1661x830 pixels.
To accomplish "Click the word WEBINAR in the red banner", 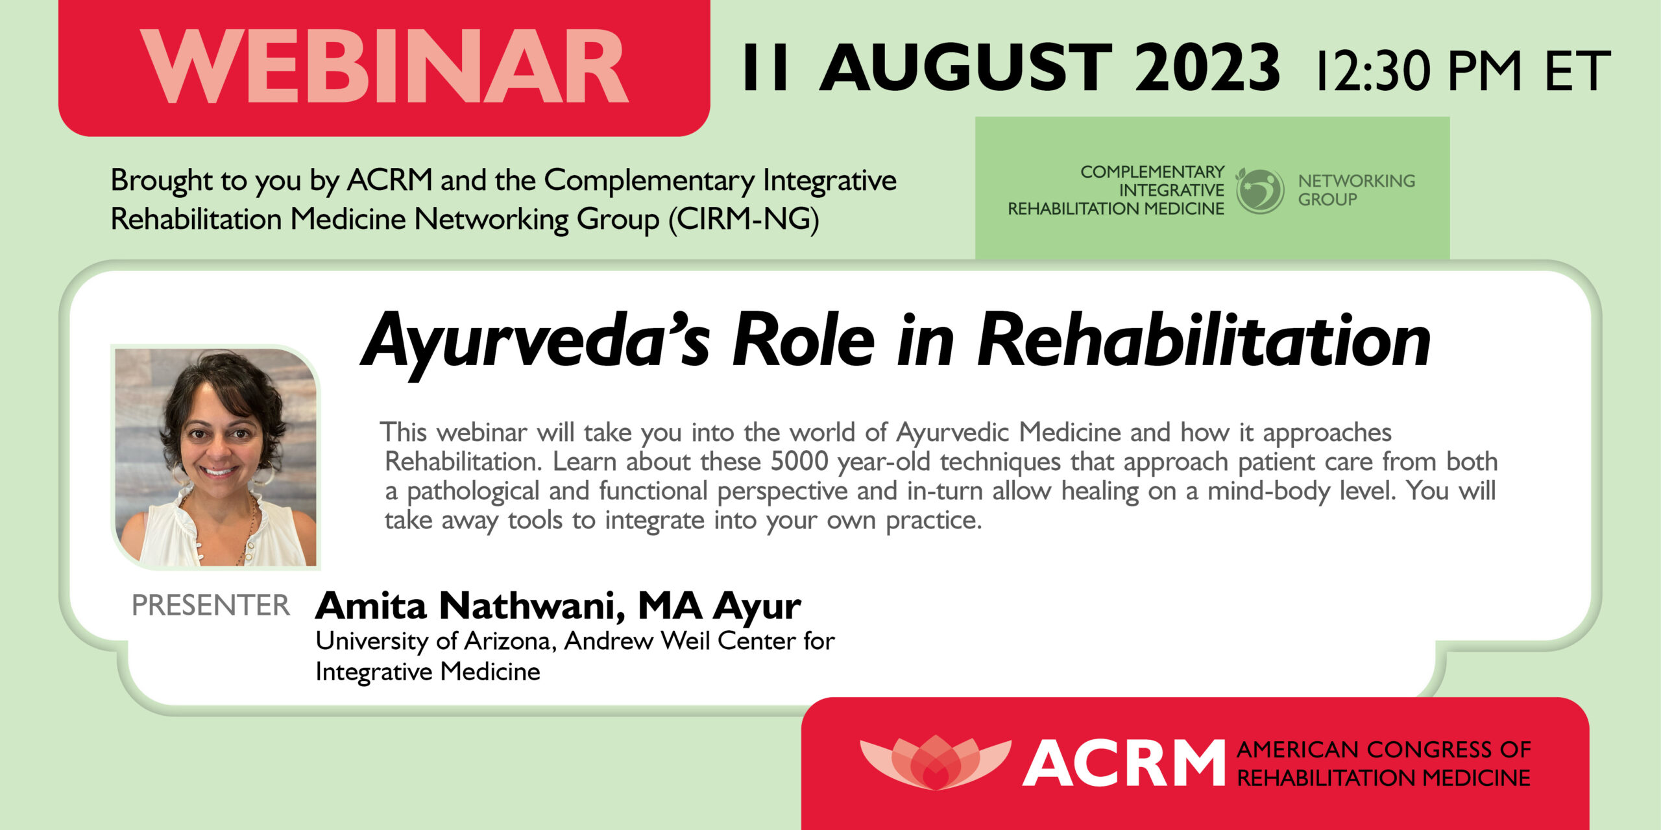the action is coord(384,67).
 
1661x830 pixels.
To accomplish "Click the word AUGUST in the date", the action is coord(966,67).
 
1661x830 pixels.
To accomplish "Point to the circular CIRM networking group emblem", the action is coord(1259,191).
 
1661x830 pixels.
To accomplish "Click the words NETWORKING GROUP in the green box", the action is coord(1356,190).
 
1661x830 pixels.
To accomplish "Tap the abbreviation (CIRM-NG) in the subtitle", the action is coord(744,219).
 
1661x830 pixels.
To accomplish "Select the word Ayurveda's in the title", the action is coord(535,342).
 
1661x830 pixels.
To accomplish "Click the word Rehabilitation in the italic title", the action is coord(1203,340).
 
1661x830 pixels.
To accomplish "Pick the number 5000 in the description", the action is coord(799,462).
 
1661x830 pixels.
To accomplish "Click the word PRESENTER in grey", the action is coord(210,605).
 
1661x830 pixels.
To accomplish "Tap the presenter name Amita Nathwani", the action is coord(471,606).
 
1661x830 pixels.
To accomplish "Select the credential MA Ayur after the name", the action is coord(720,607).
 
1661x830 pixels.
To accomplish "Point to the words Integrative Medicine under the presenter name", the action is coord(428,672).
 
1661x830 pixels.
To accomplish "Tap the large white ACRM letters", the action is coord(1123,763).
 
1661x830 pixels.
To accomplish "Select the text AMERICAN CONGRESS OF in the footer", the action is coord(1383,750).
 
